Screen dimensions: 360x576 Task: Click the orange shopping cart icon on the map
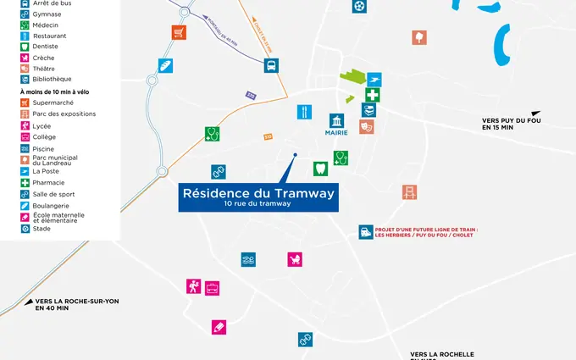[179, 33]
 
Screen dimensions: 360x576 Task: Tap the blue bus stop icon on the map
[271, 65]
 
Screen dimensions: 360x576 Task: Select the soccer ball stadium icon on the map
[360, 7]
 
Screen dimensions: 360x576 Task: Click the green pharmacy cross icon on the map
[373, 95]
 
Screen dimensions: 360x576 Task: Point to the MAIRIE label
[336, 132]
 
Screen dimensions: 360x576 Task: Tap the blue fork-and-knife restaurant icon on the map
[303, 112]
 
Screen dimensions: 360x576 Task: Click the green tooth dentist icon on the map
[320, 169]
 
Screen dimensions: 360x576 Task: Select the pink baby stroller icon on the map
[295, 259]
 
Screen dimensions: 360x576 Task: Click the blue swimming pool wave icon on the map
[248, 259]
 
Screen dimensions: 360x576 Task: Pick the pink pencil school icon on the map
[219, 327]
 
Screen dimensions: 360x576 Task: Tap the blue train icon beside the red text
[365, 231]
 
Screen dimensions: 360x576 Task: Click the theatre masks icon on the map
[366, 126]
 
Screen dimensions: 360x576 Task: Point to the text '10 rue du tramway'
[258, 204]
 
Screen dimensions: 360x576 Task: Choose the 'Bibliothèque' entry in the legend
[52, 79]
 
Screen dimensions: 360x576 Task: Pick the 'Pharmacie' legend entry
[48, 182]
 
